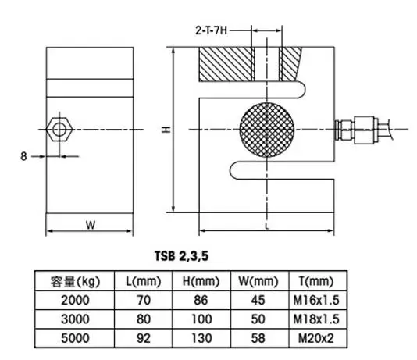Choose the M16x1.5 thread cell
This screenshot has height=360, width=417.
pyautogui.click(x=315, y=300)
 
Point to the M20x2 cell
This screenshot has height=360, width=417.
pyautogui.click(x=315, y=337)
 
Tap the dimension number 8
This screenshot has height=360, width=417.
pyautogui.click(x=24, y=156)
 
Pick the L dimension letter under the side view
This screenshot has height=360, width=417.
pyautogui.click(x=267, y=226)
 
